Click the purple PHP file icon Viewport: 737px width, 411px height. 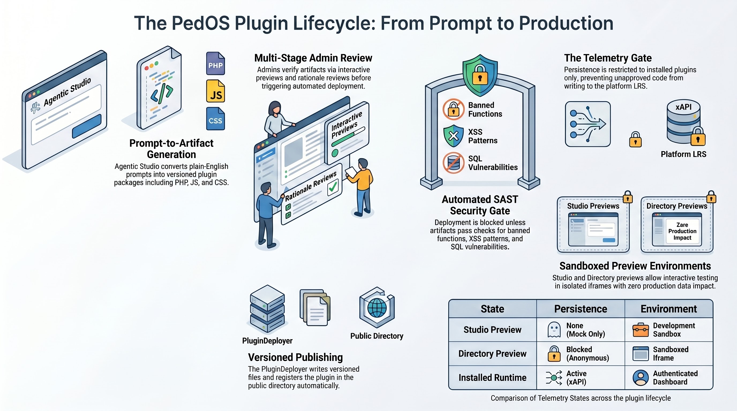point(215,63)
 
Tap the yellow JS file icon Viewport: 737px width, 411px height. point(215,91)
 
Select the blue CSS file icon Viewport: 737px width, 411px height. point(215,119)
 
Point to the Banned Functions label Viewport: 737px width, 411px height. point(485,109)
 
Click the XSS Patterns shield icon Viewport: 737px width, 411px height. point(453,136)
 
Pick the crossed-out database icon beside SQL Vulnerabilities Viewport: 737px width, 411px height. point(453,163)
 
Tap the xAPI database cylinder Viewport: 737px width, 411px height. point(683,121)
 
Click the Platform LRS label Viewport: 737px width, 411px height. point(683,154)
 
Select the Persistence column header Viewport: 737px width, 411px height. point(581,309)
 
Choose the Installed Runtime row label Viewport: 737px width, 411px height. point(492,378)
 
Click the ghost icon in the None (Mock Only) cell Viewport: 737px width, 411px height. point(554,330)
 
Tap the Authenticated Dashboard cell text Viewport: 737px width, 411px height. point(675,378)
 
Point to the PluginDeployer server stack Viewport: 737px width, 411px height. point(267,309)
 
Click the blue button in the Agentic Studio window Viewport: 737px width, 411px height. point(87,126)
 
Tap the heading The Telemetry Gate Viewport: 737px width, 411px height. point(608,58)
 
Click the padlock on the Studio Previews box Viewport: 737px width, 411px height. point(628,197)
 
